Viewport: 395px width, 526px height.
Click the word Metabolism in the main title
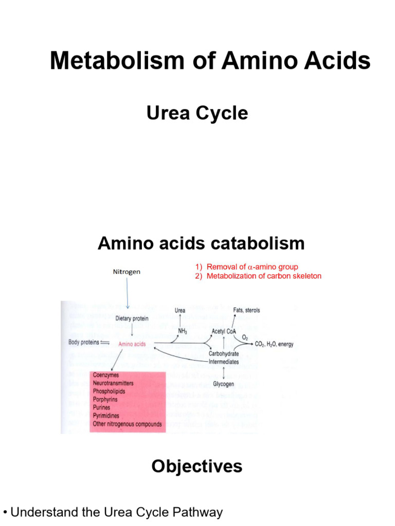[x=117, y=61]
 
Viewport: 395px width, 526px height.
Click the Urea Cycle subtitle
[x=197, y=113]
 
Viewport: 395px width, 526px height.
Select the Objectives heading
[x=197, y=466]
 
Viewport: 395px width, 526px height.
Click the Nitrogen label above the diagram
[x=127, y=272]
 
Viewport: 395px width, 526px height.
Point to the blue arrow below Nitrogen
[x=128, y=293]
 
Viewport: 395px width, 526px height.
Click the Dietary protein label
[x=132, y=318]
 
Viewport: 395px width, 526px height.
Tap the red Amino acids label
[x=132, y=344]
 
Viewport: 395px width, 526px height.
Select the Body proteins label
[x=84, y=343]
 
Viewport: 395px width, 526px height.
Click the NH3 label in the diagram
[x=183, y=331]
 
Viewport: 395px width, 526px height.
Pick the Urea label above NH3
[x=180, y=310]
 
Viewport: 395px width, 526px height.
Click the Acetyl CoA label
[x=224, y=331]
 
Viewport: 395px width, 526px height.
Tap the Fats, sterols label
[x=246, y=310]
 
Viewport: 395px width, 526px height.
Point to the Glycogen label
[x=223, y=384]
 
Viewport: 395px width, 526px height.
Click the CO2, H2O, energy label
[x=274, y=344]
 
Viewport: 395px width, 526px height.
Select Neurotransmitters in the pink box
[x=113, y=383]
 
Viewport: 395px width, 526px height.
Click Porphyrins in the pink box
[x=105, y=400]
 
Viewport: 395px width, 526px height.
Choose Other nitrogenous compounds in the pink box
[x=128, y=424]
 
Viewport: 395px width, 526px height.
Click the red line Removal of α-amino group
[x=246, y=267]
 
